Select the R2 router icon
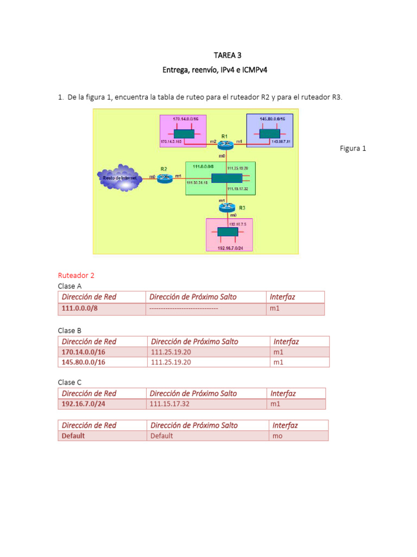click(x=165, y=177)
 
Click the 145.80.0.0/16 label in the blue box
click(x=270, y=119)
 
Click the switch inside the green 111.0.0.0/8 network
click(x=226, y=178)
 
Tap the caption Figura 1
click(x=353, y=148)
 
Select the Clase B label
click(x=70, y=330)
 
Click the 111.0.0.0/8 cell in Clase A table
click(x=79, y=309)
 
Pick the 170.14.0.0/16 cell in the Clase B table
click(x=84, y=352)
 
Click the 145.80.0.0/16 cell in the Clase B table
click(x=84, y=362)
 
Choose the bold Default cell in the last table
click(x=73, y=436)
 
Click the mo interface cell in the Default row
click(x=277, y=436)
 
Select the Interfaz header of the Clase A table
click(x=282, y=297)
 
